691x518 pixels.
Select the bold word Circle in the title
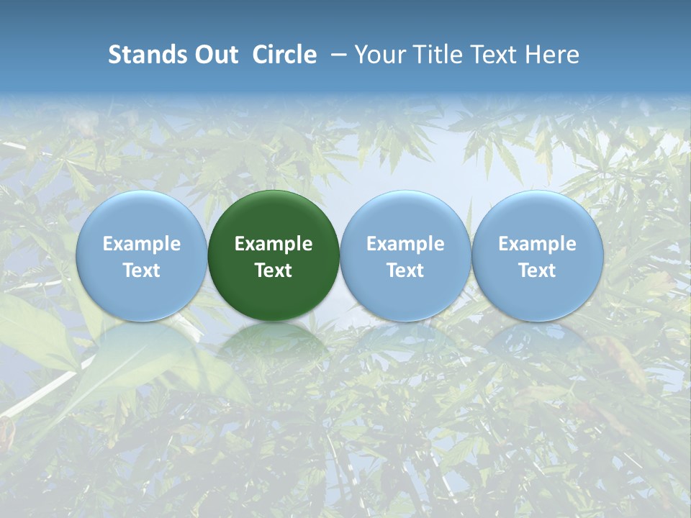coord(284,55)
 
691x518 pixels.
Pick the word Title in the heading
coord(440,55)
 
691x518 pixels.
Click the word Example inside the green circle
coord(274,244)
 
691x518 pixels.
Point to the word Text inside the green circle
coord(274,271)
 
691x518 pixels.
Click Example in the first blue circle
coord(141,244)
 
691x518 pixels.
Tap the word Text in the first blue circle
coord(141,271)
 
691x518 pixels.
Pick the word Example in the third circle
coord(405,244)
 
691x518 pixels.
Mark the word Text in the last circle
coord(538,271)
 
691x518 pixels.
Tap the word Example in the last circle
coord(538,244)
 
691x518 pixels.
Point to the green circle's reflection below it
coord(274,342)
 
